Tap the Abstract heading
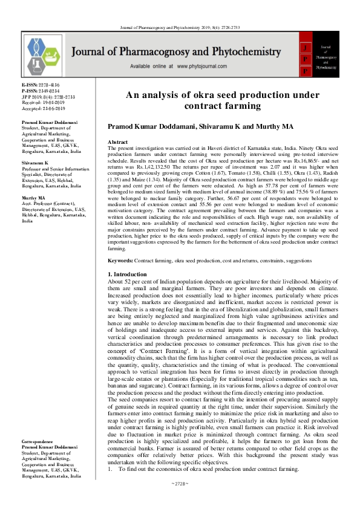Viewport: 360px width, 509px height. [x=117, y=141]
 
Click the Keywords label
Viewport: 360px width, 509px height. [x=120, y=260]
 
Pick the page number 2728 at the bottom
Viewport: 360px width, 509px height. [x=180, y=501]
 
